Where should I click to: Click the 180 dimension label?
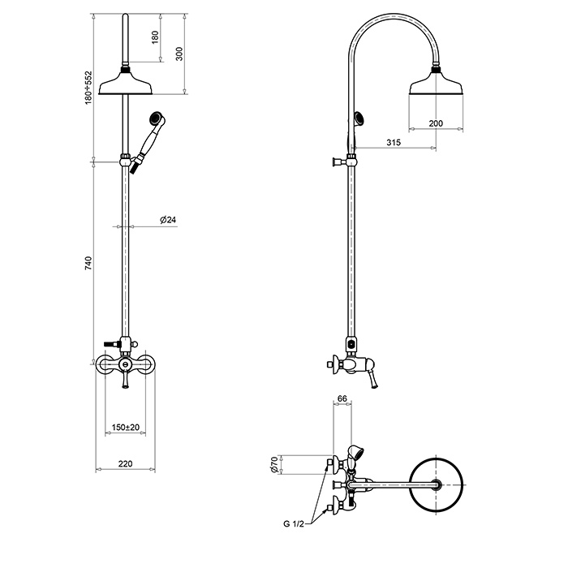[x=155, y=37]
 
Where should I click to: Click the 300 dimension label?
[x=179, y=54]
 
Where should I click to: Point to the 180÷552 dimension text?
[x=88, y=88]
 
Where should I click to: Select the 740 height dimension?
[x=88, y=264]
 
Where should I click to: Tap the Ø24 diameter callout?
[x=168, y=220]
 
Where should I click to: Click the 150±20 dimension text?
[x=125, y=428]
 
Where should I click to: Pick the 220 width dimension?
[x=125, y=463]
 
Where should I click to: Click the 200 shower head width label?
[x=436, y=123]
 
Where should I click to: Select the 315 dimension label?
[x=394, y=142]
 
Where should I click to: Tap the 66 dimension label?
[x=342, y=398]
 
